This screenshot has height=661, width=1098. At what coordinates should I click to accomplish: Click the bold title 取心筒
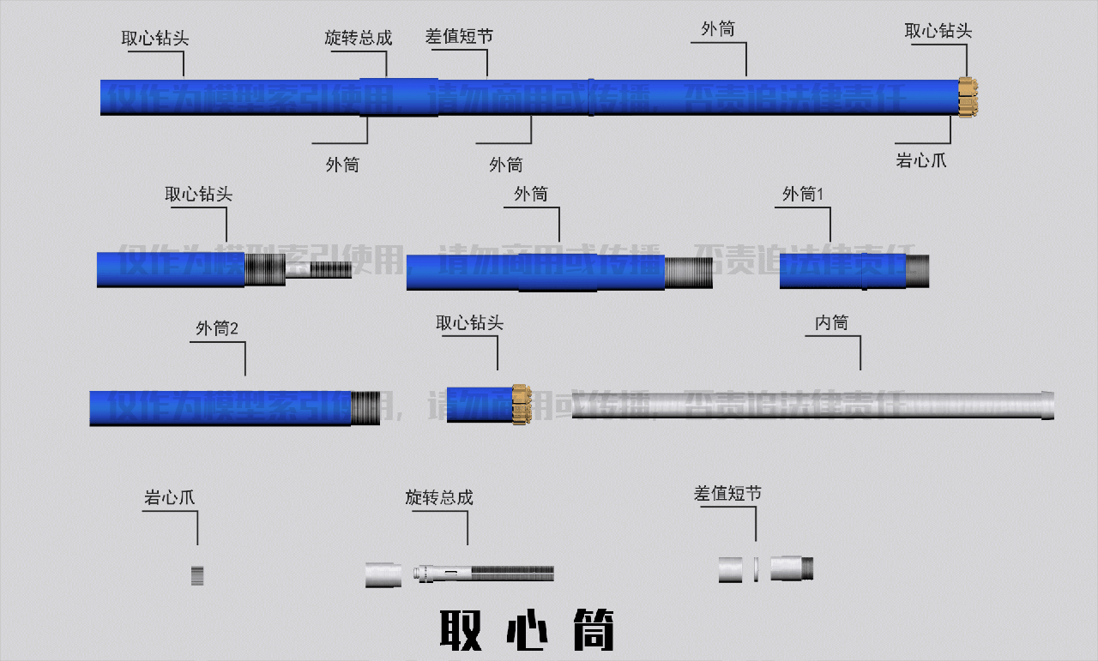[527, 630]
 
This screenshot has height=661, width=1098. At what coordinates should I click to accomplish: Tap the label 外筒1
[803, 195]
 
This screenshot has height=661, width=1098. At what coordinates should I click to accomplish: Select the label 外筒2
[216, 328]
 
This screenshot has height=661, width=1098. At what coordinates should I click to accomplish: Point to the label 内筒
[831, 322]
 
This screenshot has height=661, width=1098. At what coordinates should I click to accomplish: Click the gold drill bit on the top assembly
[968, 97]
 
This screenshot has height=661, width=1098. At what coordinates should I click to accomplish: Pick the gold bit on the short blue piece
[519, 404]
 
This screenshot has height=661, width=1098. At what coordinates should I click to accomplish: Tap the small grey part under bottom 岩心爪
[197, 574]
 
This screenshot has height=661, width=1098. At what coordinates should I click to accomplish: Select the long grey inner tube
[806, 406]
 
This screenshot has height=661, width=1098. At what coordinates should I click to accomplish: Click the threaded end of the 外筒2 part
[365, 407]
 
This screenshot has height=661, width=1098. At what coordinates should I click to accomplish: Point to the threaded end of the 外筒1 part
[918, 271]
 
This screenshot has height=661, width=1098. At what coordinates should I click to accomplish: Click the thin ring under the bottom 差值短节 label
[756, 569]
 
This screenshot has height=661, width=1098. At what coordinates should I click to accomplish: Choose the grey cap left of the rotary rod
[383, 574]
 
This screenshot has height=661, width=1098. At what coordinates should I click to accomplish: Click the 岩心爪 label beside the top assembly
[921, 160]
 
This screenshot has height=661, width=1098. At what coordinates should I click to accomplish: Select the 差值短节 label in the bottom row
[727, 494]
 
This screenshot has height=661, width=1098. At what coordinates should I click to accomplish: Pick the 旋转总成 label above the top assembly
[358, 38]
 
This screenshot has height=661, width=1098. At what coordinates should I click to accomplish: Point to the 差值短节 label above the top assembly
[459, 37]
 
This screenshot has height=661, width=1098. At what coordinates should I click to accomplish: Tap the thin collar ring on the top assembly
[591, 97]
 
